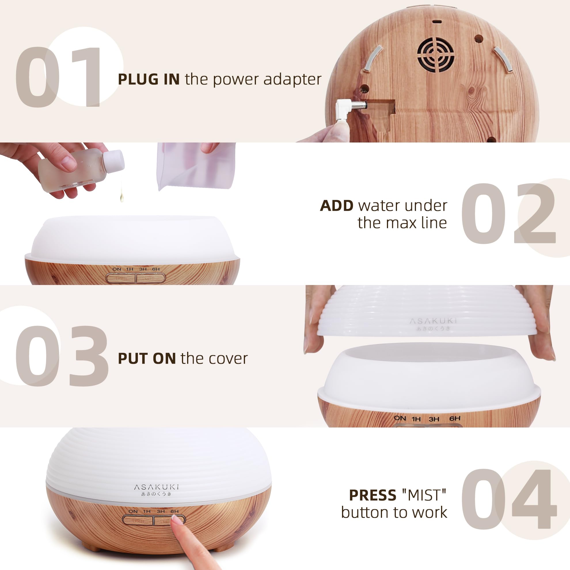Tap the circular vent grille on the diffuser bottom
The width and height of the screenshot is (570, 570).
pos(436,55)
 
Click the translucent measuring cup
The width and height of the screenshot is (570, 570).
pos(196,166)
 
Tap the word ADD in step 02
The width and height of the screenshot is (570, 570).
pos(336,206)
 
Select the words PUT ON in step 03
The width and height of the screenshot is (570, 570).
pos(147,359)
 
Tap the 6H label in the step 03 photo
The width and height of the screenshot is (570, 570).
pos(455,418)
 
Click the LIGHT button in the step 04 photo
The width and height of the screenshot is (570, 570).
pos(138,521)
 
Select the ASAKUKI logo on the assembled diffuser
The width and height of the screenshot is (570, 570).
pos(156,487)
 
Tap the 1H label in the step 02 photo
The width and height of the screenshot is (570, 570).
pos(130,269)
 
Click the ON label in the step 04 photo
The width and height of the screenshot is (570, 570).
pos(133,511)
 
